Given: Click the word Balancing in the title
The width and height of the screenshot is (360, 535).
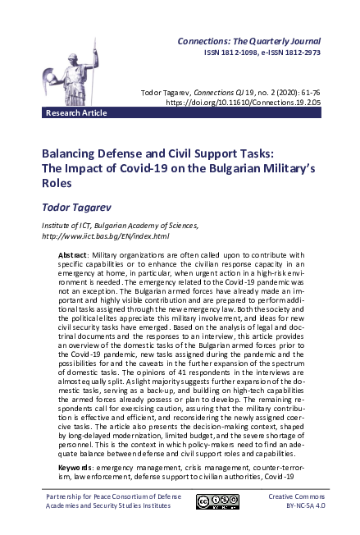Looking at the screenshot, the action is (74, 153).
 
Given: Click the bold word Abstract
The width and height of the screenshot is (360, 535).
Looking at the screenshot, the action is (74, 255).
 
